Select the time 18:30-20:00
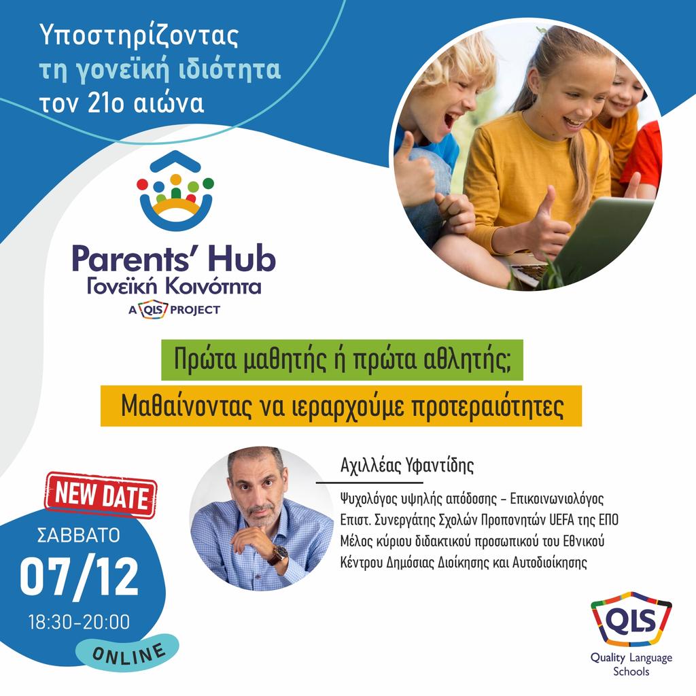[x=79, y=621]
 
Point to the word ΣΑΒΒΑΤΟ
[x=77, y=535]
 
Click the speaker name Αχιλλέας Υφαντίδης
[x=407, y=466]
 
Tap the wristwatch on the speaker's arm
[x=277, y=555]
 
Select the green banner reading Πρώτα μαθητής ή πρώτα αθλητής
[x=342, y=360]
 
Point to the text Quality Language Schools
[x=631, y=664]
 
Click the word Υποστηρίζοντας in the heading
[x=139, y=36]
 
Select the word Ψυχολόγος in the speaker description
[x=369, y=498]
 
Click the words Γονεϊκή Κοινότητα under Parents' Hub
[x=174, y=286]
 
